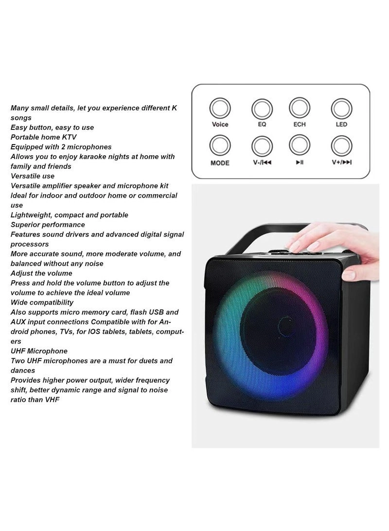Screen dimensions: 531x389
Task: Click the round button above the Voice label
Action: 220,108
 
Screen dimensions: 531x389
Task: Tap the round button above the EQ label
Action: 262,109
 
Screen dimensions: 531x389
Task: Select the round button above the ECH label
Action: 300,108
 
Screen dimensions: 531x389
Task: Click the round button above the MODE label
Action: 220,146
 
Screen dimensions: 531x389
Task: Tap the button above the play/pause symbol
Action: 300,146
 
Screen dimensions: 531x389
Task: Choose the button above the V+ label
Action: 341,146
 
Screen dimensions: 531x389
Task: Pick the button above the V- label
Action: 262,146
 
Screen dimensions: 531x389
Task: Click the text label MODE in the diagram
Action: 220,163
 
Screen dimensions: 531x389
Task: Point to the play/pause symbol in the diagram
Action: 300,163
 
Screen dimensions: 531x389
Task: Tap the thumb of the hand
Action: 349,275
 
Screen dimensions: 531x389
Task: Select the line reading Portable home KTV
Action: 44,137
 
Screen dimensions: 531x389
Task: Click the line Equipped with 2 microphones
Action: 61,147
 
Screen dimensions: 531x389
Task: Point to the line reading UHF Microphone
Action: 39,351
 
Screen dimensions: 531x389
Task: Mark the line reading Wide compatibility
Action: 42,302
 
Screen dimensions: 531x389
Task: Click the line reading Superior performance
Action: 48,224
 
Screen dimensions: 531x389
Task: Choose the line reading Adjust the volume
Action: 41,273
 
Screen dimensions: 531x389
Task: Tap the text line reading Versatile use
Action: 33,176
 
